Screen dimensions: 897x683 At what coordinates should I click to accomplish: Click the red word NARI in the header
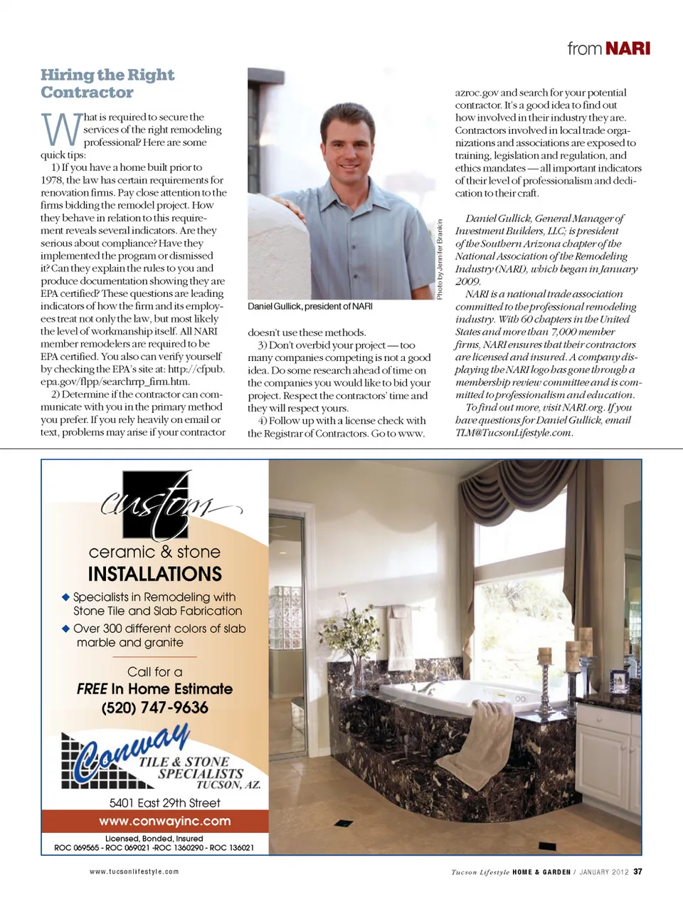628,48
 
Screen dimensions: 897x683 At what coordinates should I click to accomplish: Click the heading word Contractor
87,93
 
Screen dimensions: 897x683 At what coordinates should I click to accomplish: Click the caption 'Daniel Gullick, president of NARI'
309,306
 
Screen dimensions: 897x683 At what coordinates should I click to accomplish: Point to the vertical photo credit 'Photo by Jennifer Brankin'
440,259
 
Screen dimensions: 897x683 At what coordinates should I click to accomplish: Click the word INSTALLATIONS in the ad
154,574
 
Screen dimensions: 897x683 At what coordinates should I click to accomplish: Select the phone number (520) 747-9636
154,708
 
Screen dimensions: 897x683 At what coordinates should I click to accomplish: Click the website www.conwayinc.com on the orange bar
164,821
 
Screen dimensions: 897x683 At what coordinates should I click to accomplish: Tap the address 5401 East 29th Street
164,803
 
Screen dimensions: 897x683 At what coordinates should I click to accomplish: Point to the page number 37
638,871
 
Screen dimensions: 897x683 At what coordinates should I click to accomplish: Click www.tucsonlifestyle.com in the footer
134,871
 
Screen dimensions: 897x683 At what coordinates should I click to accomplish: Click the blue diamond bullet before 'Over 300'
65,629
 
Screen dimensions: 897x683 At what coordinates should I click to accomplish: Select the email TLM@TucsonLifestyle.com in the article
513,433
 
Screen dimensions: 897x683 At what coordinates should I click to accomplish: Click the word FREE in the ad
92,689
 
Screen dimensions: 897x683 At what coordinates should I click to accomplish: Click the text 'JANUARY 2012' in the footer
603,871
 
